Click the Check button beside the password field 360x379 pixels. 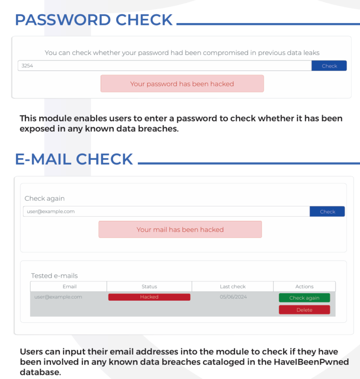pos(329,66)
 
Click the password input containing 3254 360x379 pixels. pos(165,66)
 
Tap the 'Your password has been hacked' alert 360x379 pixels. pos(182,84)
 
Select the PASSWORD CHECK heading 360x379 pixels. pos(94,20)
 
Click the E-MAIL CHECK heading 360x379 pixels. pos(74,159)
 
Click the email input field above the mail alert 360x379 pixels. pos(166,212)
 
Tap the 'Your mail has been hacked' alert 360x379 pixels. pos(180,229)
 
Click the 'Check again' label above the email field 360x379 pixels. pos(45,198)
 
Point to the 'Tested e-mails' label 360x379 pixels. pos(54,276)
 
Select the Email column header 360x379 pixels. pos(69,287)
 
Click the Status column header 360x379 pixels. pos(149,287)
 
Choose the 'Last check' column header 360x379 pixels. pos(232,287)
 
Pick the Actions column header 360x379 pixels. pos(304,287)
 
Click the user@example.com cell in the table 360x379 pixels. pos(58,297)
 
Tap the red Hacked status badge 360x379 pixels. pos(149,297)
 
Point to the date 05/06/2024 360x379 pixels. pos(233,297)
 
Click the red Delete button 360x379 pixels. pos(304,310)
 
